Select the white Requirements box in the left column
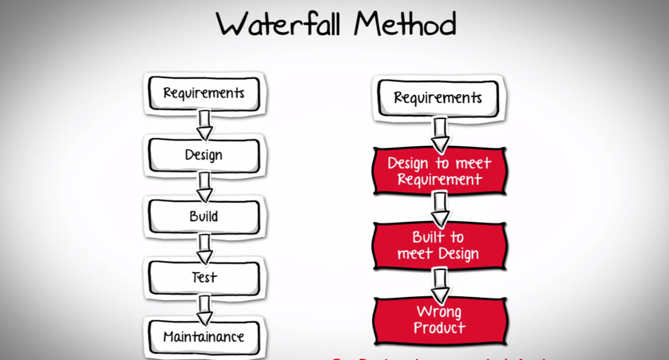click(204, 93)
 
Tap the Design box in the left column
click(204, 155)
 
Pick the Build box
click(204, 216)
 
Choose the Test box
click(204, 278)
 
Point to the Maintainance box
click(204, 337)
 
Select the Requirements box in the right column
click(437, 98)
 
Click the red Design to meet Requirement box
click(439, 171)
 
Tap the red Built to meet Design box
click(439, 245)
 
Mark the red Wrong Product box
click(439, 319)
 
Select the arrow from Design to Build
click(204, 186)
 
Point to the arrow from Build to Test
click(204, 247)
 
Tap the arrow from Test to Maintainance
click(204, 307)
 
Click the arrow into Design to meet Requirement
click(440, 134)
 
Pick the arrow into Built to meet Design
click(440, 208)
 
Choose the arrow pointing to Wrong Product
click(440, 283)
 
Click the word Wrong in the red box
click(439, 311)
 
